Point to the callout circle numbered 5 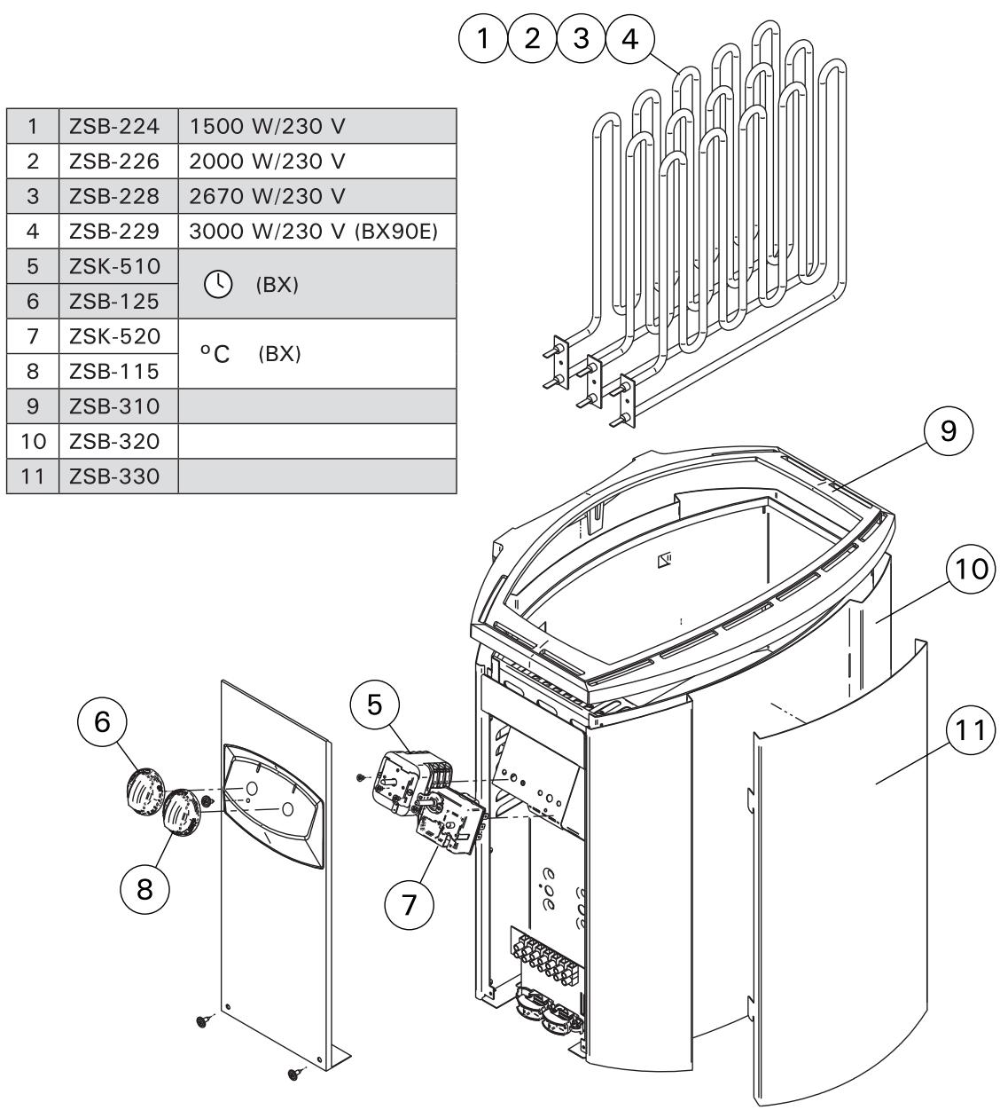tap(375, 705)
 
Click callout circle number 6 tap(103, 722)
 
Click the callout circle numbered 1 tap(484, 38)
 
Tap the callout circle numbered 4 tap(629, 38)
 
